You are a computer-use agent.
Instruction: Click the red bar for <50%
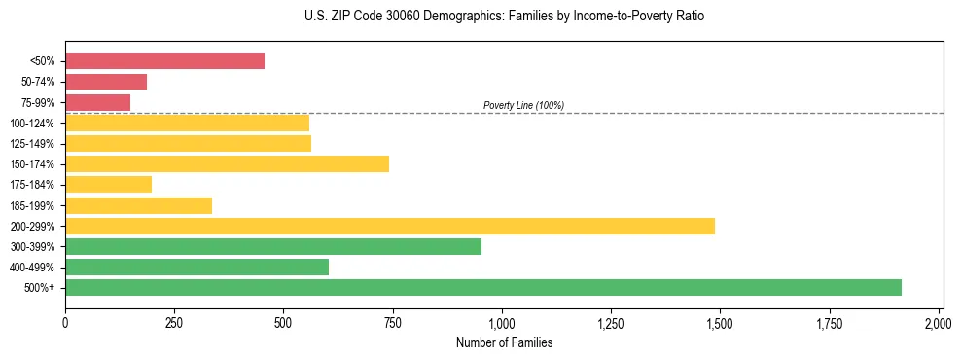click(x=164, y=61)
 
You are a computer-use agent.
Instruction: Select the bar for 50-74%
click(x=106, y=82)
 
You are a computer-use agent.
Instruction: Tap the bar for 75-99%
click(x=97, y=102)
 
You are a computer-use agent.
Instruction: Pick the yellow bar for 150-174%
click(x=227, y=163)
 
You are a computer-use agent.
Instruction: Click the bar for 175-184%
click(x=108, y=184)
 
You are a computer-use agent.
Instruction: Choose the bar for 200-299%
click(x=389, y=226)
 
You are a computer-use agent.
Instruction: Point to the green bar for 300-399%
click(x=273, y=246)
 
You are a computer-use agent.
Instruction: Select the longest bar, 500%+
click(x=482, y=287)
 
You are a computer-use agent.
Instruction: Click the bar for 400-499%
click(x=196, y=267)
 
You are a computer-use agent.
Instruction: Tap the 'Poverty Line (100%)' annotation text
click(x=523, y=105)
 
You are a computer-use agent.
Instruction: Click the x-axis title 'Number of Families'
click(x=504, y=342)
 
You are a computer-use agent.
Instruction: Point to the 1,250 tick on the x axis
click(x=611, y=322)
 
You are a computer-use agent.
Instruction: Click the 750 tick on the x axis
click(x=393, y=322)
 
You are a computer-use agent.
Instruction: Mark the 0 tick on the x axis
click(x=65, y=322)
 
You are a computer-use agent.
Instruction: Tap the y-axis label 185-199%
click(x=33, y=205)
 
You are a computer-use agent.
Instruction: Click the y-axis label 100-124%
click(x=33, y=124)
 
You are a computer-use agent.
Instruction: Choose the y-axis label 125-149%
click(x=33, y=144)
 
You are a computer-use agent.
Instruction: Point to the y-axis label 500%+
click(x=40, y=288)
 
